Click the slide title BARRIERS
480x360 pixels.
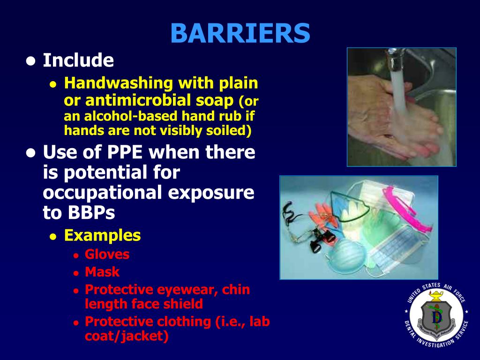coord(240,33)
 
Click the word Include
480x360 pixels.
coord(78,60)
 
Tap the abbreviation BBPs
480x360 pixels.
coord(78,213)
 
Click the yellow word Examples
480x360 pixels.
coord(102,235)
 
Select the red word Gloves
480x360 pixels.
coord(107,255)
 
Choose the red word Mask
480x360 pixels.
coord(102,272)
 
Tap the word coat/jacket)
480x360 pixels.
coord(127,337)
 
